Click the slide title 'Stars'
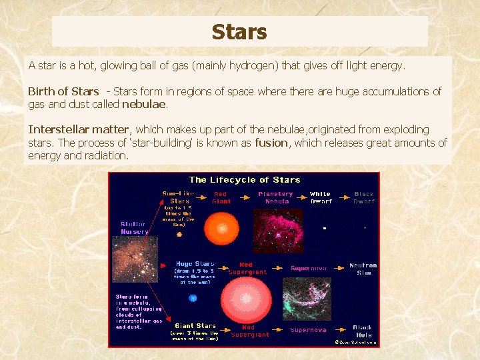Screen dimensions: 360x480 239,32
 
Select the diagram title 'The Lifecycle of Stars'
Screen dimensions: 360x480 245,180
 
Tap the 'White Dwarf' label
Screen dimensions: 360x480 320,197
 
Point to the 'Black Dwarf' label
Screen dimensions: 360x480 364,197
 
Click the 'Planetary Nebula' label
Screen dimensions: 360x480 275,197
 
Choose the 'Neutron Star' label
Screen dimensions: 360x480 363,269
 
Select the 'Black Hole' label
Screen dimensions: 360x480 363,331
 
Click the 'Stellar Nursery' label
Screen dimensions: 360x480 134,228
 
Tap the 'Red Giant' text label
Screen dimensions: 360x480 221,197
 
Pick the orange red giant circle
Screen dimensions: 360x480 221,229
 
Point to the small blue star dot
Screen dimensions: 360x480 193,298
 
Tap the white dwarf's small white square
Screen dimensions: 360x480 324,229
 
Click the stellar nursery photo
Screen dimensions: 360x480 135,260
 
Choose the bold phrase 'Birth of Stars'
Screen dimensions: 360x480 63,91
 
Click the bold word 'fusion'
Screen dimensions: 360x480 271,143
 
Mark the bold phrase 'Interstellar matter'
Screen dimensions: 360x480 78,129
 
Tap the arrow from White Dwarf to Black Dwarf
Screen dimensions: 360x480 343,196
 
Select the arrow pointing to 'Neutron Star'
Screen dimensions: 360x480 339,268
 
